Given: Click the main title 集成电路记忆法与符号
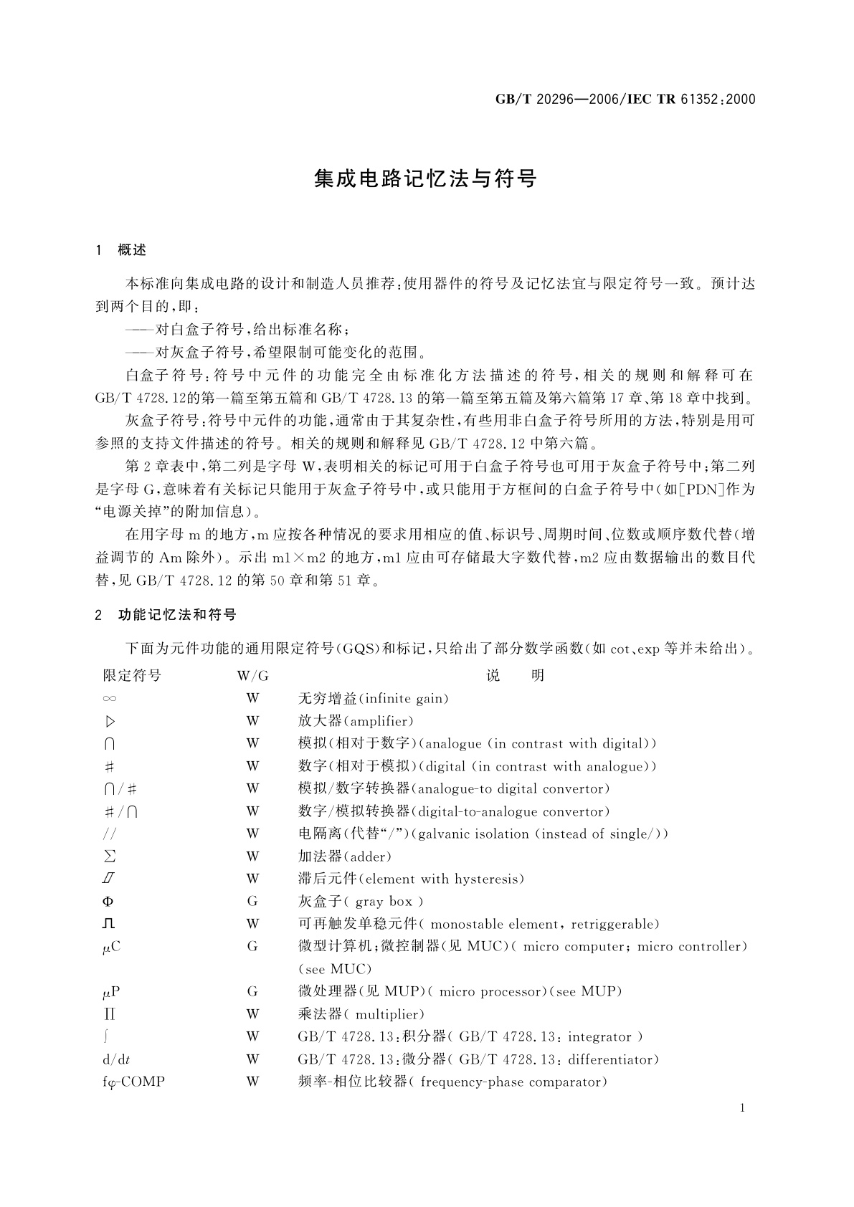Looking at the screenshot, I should point(426,179).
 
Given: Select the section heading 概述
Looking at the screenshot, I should point(132,250).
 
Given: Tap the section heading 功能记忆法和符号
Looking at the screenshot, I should point(177,615).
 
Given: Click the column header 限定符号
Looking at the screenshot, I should point(132,675).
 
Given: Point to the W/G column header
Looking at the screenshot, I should point(252,675).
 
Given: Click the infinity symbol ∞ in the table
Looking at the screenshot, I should point(110,698).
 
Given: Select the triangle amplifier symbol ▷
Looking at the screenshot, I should point(110,721).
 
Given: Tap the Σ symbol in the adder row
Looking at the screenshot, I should point(110,857).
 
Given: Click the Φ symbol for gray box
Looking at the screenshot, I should point(108,902).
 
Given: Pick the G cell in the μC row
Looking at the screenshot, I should point(252,947).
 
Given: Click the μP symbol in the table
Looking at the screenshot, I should point(110,992).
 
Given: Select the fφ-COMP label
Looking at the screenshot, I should point(134,1082).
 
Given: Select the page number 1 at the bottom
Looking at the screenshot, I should point(742,1109).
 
